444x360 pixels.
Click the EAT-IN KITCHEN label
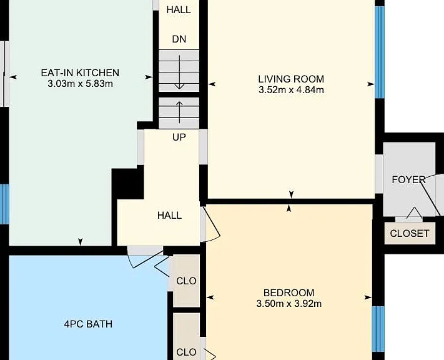point(80,73)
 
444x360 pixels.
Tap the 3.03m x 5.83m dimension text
point(80,84)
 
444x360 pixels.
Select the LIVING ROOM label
point(291,79)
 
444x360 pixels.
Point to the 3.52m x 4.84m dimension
point(291,90)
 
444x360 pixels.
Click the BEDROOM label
point(289,292)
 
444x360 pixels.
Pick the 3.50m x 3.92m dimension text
point(289,304)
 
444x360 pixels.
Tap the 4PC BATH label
point(88,324)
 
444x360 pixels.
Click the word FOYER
point(408,180)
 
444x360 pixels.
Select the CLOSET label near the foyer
point(410,234)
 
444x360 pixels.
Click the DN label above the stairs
point(179,39)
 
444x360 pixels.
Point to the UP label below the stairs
point(179,137)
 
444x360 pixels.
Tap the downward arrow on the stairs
point(179,72)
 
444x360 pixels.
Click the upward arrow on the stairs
point(179,112)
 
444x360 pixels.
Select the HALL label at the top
point(179,10)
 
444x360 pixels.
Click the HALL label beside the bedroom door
point(169,216)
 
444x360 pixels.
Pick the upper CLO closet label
point(186,281)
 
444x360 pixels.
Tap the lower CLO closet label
point(186,352)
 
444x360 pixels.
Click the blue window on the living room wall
point(380,52)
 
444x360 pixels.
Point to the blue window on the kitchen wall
point(4,204)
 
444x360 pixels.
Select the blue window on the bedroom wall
point(378,329)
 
